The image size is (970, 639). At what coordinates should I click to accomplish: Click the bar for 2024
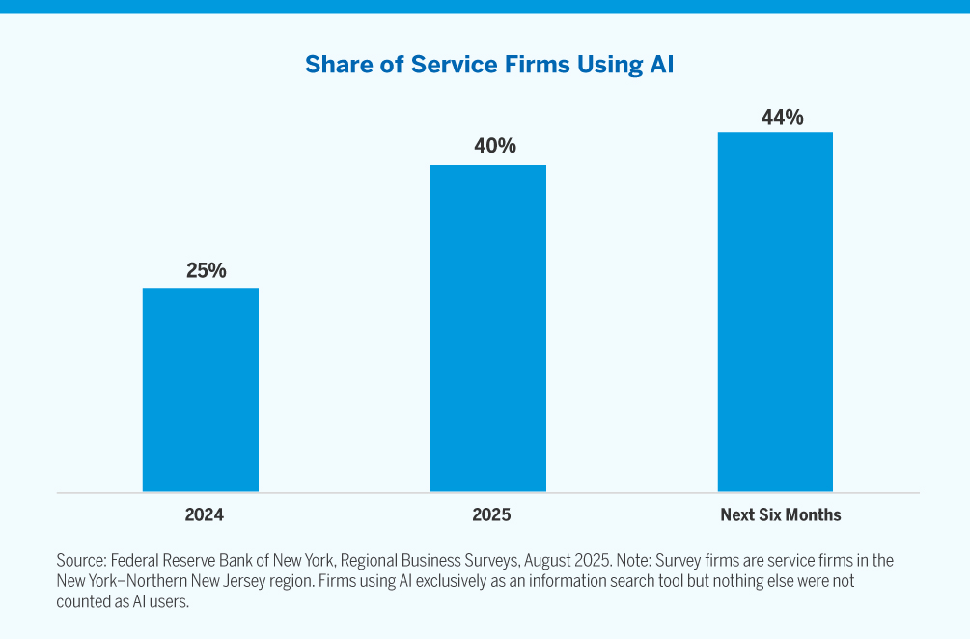click(x=201, y=390)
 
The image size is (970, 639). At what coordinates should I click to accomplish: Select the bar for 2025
click(x=487, y=328)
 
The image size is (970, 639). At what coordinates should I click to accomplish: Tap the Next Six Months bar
click(x=775, y=312)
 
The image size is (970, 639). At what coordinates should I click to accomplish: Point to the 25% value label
click(x=206, y=271)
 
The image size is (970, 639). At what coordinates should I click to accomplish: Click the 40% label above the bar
click(x=494, y=147)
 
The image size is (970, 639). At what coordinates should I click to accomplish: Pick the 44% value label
click(x=782, y=117)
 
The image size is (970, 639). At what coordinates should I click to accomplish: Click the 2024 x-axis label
click(x=204, y=514)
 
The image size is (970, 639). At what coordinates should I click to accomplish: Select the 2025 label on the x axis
click(x=491, y=514)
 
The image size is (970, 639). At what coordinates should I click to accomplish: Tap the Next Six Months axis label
click(x=780, y=514)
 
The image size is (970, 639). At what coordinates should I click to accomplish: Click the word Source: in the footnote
click(x=81, y=561)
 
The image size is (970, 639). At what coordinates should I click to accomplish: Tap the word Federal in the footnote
click(x=139, y=561)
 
